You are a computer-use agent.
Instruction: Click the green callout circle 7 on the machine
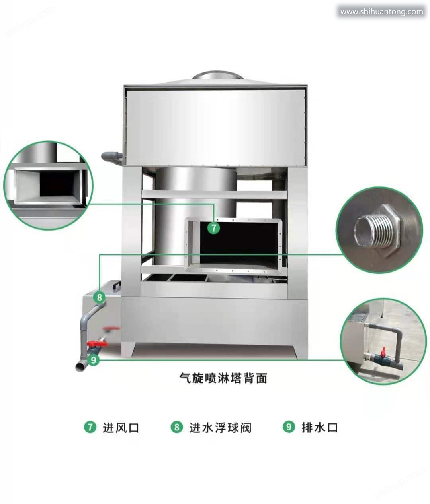pyautogui.click(x=214, y=228)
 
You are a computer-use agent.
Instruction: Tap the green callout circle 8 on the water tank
pyautogui.click(x=99, y=297)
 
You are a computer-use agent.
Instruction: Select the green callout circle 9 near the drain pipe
pyautogui.click(x=93, y=360)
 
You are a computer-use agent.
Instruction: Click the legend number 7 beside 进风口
pyautogui.click(x=90, y=427)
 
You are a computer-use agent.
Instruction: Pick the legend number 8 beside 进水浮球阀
pyautogui.click(x=177, y=427)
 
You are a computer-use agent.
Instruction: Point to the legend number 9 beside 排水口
pyautogui.click(x=289, y=427)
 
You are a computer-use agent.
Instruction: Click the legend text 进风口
pyautogui.click(x=121, y=428)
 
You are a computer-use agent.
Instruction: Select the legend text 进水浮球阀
pyautogui.click(x=221, y=428)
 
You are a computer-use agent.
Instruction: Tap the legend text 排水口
pyautogui.click(x=320, y=427)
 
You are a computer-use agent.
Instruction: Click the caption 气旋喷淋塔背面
pyautogui.click(x=223, y=378)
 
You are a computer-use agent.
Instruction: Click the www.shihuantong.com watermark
pyautogui.click(x=381, y=12)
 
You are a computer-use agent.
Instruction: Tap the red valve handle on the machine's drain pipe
pyautogui.click(x=98, y=344)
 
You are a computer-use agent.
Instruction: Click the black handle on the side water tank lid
pyautogui.click(x=115, y=285)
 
